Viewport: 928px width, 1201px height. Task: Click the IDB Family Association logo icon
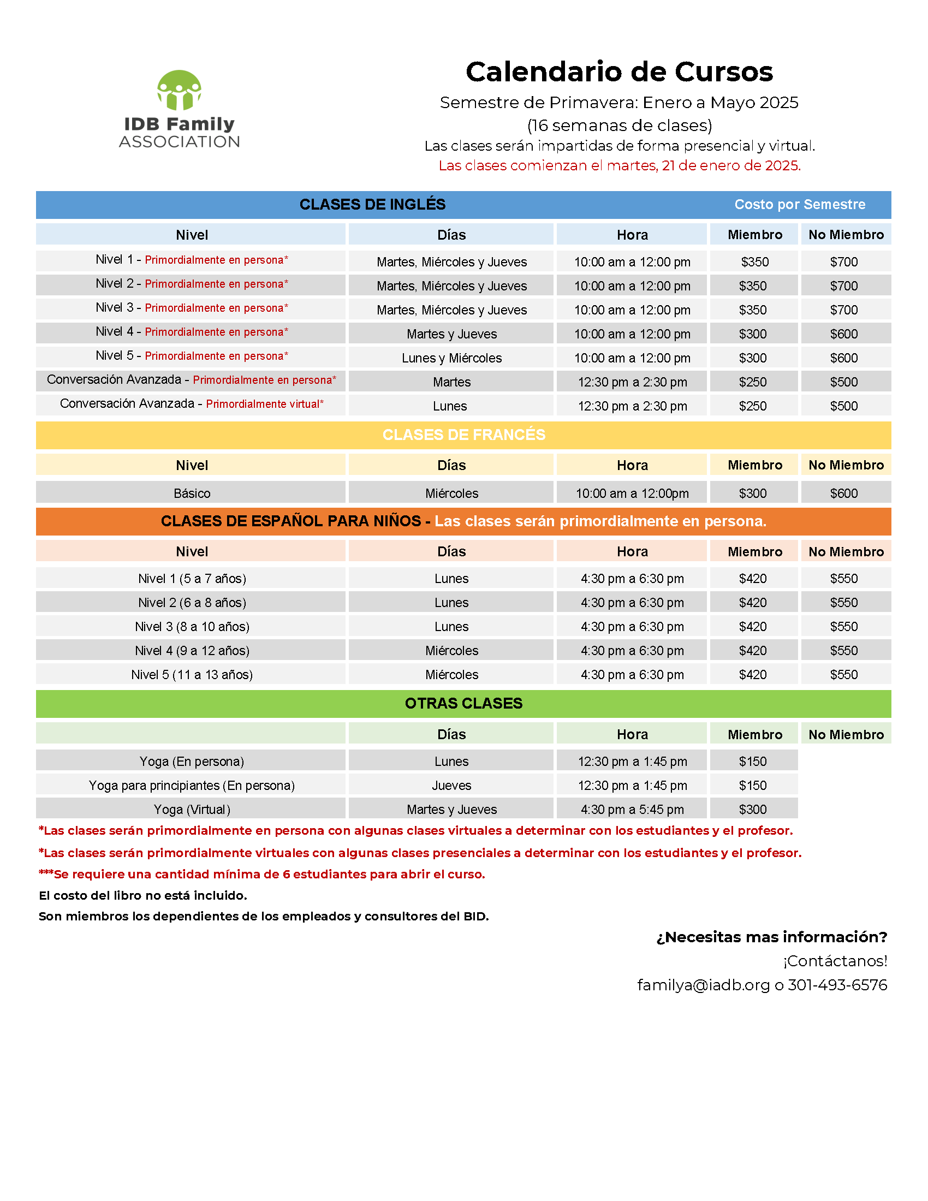click(x=179, y=90)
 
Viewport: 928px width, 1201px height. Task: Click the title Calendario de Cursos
click(x=619, y=72)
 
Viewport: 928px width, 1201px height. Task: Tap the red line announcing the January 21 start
click(x=619, y=165)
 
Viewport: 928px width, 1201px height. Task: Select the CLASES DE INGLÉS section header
click(x=372, y=205)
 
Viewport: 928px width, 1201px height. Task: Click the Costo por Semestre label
click(x=799, y=205)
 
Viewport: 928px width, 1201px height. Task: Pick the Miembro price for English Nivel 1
click(x=754, y=261)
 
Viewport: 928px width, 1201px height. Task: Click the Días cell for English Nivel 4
click(x=451, y=334)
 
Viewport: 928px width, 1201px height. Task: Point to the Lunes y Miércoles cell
click(x=451, y=358)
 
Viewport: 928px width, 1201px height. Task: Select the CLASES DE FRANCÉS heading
click(x=463, y=435)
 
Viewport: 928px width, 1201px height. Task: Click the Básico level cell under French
click(x=192, y=494)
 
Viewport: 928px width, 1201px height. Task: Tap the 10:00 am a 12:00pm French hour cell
click(x=632, y=494)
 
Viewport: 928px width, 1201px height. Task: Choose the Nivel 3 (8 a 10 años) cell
click(x=192, y=626)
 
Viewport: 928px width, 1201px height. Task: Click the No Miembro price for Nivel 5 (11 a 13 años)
click(x=843, y=675)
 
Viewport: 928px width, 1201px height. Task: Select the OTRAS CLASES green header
click(x=463, y=703)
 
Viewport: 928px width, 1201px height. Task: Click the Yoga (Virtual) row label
click(x=192, y=810)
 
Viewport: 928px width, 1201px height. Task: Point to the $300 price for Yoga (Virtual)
click(x=752, y=810)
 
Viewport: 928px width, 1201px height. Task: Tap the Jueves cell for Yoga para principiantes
click(x=451, y=785)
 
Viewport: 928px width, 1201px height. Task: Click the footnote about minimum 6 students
click(x=261, y=875)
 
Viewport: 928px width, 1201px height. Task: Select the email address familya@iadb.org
click(x=703, y=985)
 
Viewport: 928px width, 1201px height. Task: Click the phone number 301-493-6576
click(x=837, y=985)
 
